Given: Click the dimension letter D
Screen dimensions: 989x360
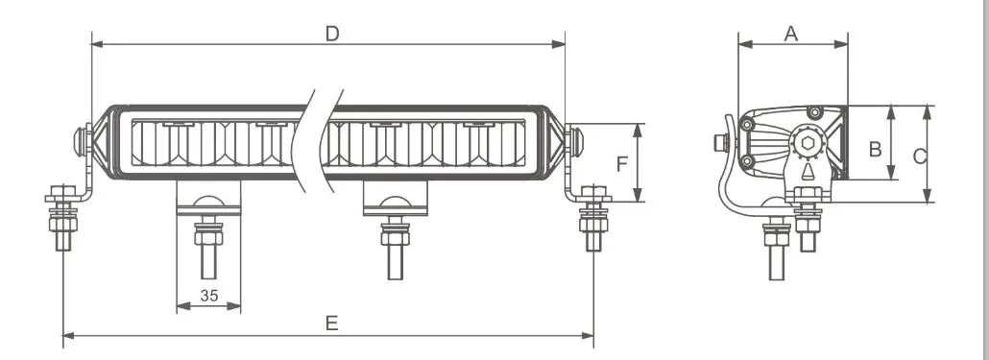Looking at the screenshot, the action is [332, 34].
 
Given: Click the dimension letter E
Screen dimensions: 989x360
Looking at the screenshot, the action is [332, 324].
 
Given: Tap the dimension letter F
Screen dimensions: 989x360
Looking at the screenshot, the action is [622, 164].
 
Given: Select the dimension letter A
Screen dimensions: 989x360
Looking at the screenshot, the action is [791, 34].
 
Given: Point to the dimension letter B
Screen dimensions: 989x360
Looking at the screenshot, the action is [875, 150].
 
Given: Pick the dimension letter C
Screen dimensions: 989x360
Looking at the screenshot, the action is [920, 156].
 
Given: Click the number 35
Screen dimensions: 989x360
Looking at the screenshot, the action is [208, 295].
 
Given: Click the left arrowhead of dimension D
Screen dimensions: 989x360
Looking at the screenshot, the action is [98, 44].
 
